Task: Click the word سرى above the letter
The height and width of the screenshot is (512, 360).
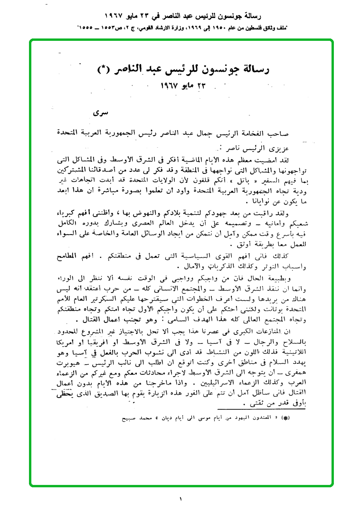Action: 102,114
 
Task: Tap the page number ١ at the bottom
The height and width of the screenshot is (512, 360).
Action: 180,499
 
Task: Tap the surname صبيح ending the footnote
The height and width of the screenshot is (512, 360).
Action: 128,418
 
